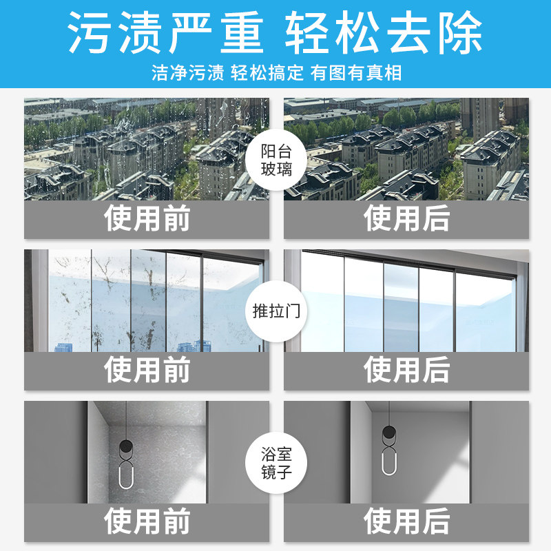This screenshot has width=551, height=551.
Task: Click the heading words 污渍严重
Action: coord(165,32)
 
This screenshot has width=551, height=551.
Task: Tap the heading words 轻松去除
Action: coord(384,32)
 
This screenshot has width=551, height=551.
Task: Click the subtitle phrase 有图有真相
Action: coord(355,72)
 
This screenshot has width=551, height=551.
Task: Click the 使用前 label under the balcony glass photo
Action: coord(147,219)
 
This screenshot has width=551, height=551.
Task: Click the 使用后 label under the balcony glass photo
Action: coord(406,219)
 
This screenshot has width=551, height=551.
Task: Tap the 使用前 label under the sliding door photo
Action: coord(147,371)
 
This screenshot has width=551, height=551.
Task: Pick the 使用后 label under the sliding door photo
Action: coord(406,371)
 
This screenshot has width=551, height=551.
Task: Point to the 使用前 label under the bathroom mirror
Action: coord(147,521)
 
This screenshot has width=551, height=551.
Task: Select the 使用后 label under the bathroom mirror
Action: coord(406,521)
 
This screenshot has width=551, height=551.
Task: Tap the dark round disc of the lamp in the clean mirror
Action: coord(388,434)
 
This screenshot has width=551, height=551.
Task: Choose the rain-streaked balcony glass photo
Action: coord(147,149)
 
